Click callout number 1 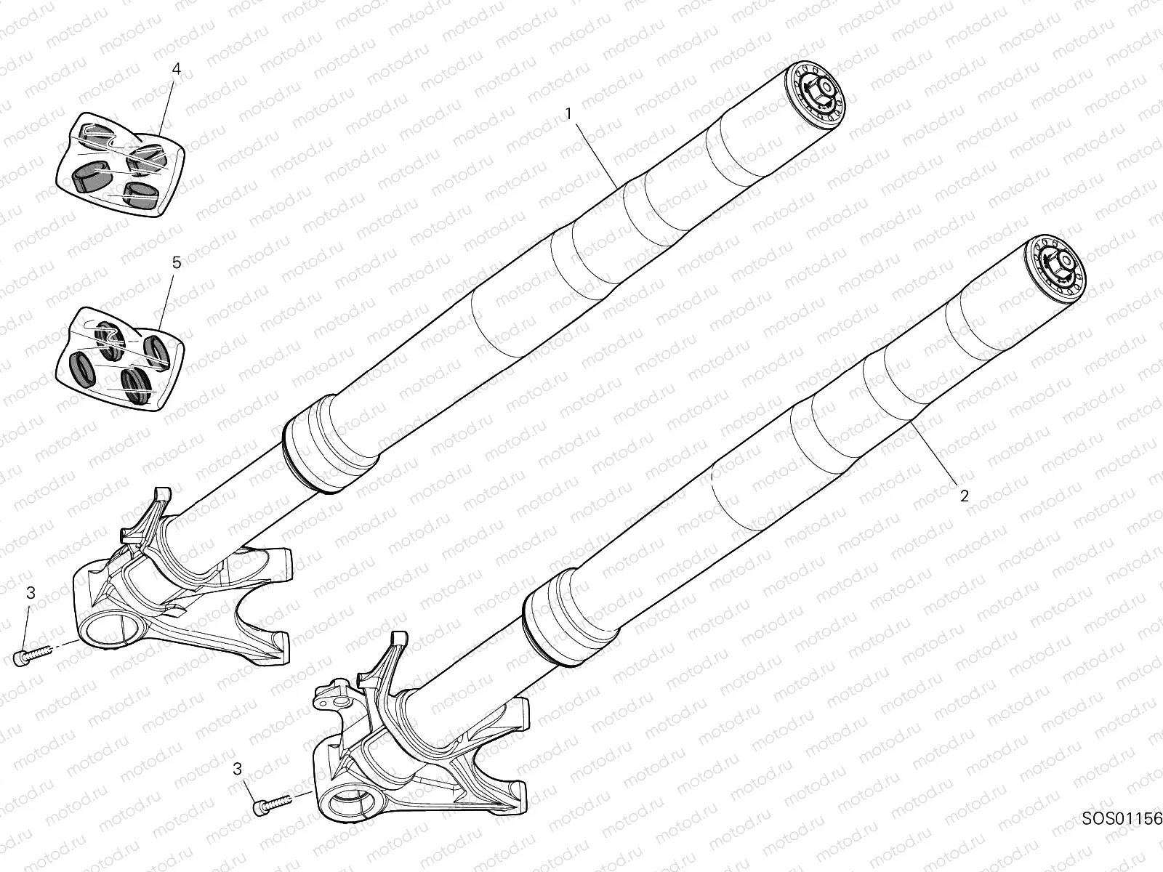tap(568, 114)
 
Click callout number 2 tap(965, 496)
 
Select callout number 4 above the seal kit tap(177, 69)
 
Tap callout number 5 tap(177, 262)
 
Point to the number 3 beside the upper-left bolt tap(31, 594)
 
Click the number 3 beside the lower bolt tap(237, 769)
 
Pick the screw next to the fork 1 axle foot tap(32, 656)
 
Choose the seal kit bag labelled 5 tap(121, 359)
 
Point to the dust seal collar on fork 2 tap(572, 617)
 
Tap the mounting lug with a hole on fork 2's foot tap(334, 701)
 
